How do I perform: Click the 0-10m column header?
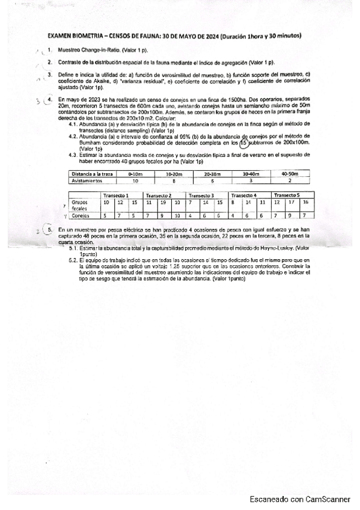click(135, 173)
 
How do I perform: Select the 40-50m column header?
click(290, 173)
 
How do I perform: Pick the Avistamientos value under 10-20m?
click(174, 179)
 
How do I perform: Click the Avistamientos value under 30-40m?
click(251, 179)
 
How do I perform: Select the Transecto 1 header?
click(117, 195)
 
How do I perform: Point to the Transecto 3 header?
click(203, 195)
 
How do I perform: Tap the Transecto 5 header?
click(287, 195)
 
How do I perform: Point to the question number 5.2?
click(73, 260)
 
